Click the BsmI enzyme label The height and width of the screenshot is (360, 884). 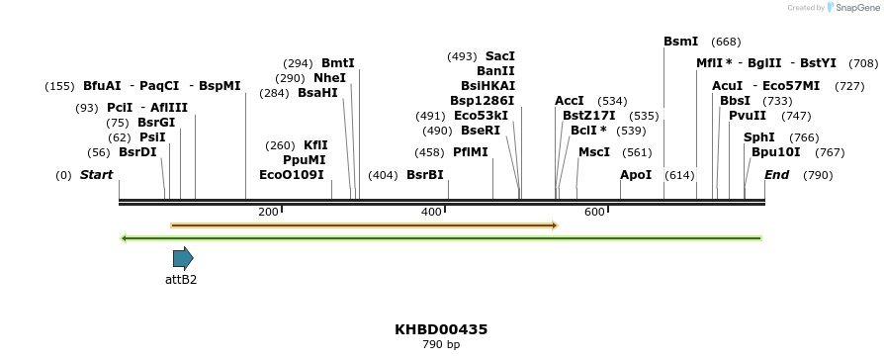coord(680,42)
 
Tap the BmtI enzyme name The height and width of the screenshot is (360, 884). coord(337,63)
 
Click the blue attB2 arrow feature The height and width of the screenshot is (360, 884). coord(183,259)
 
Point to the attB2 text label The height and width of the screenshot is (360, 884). coord(181,280)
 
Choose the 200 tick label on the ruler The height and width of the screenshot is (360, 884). coord(268,213)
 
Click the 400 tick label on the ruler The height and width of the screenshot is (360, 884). coord(431,213)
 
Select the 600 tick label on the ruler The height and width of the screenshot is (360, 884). coord(594,213)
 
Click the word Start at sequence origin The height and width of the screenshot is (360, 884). coord(96,175)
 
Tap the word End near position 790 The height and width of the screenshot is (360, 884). coord(777,175)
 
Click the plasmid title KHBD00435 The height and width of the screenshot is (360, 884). coord(441,329)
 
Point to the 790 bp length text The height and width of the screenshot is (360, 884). coord(441,345)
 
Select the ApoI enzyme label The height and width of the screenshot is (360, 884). coord(636,175)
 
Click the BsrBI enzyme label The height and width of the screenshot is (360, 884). coord(425,175)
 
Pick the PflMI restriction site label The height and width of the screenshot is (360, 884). coord(471,152)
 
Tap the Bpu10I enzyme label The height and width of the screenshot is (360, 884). coord(776,152)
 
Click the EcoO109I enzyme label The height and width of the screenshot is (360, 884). coord(292,175)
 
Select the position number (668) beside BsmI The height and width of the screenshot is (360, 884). coord(726,42)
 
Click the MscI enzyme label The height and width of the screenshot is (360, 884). coord(594,152)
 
